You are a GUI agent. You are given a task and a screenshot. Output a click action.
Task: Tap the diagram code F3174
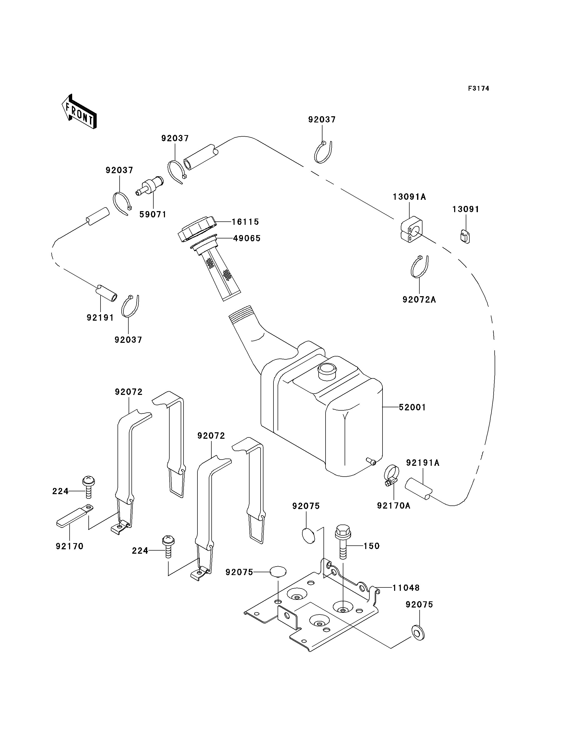point(479,88)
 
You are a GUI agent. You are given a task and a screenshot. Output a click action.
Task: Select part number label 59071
point(153,214)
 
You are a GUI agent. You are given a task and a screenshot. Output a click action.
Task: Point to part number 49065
point(247,238)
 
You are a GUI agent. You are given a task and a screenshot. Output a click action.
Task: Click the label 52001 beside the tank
point(412,407)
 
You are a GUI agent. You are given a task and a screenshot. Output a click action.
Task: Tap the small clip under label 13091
point(465,236)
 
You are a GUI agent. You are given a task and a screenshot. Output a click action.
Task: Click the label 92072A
point(419,299)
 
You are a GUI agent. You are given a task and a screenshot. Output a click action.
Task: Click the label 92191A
point(423,463)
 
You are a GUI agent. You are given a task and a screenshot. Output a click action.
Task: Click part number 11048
point(406,588)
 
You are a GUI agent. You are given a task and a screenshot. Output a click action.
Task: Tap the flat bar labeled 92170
point(75,515)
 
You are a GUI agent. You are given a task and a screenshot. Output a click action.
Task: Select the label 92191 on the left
point(100,317)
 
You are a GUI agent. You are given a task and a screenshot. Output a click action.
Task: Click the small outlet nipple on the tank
point(371,461)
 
